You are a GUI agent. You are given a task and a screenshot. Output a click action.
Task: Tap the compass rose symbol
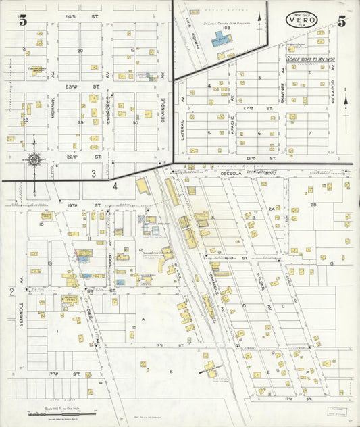point(35,160)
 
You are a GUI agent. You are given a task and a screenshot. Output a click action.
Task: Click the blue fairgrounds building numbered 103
point(221,41)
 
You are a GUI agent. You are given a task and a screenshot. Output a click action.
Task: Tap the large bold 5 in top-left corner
point(23,20)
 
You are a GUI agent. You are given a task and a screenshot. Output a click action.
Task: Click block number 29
point(80,122)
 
